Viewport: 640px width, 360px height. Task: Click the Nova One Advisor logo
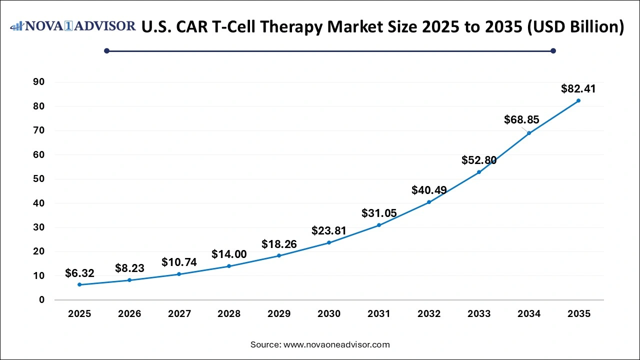pos(72,26)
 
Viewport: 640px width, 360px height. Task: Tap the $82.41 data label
pos(578,89)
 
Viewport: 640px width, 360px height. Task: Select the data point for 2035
pos(578,100)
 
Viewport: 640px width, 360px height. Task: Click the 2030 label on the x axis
pos(329,314)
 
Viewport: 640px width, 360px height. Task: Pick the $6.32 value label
pos(79,273)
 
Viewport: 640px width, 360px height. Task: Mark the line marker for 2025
pos(79,284)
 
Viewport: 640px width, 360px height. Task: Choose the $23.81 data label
pos(329,230)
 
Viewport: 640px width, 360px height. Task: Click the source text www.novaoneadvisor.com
pos(336,344)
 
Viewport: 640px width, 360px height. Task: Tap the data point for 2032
pos(429,202)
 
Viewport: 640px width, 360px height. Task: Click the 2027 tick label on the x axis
pos(179,314)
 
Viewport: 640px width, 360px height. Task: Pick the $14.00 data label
pos(229,254)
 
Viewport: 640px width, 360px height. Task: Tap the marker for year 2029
pos(279,255)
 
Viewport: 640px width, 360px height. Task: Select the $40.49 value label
pos(429,190)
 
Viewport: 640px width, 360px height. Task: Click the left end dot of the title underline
pos(106,50)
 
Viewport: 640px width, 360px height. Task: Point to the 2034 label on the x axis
pos(529,314)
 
